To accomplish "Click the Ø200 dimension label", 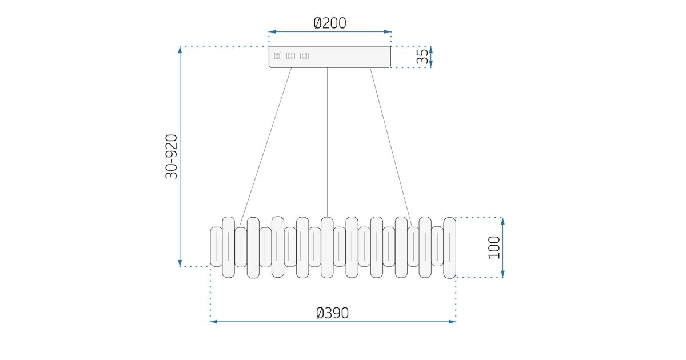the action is point(330,23).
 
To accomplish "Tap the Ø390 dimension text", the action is point(332,313).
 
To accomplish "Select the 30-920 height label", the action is point(171,157).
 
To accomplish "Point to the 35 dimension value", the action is point(422,57).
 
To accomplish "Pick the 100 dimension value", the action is point(494,247).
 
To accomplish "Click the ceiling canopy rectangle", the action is point(330,57).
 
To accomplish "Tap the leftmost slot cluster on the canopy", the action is point(277,56).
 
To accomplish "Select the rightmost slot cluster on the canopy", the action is point(304,56).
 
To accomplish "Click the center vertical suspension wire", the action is point(327,142).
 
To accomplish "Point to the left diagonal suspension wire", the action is point(265,147).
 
